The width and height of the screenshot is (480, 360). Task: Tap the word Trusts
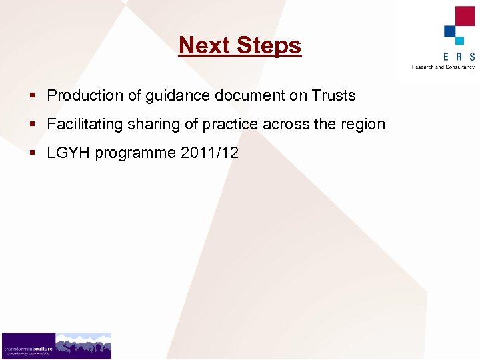(333, 95)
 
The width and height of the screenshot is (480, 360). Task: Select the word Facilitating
(85, 125)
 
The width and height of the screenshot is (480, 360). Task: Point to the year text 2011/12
(210, 153)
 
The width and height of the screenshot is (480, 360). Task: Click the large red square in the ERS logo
(464, 16)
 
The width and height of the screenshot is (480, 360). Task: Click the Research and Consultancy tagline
(443, 67)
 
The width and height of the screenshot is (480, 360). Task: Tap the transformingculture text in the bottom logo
(27, 348)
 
